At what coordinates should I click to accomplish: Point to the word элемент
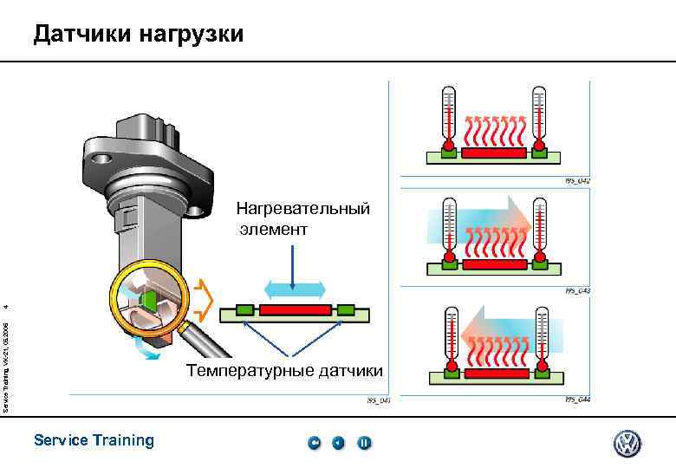point(275,230)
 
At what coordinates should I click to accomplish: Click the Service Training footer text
point(94,440)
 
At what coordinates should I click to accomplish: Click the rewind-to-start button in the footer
point(314,443)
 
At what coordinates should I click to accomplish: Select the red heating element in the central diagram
point(296,309)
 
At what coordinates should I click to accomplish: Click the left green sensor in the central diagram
point(244,309)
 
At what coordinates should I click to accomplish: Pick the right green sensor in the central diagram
point(347,309)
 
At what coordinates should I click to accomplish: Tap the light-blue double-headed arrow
point(294,289)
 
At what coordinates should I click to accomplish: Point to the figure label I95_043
point(577,291)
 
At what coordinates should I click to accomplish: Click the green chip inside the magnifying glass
point(149,300)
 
